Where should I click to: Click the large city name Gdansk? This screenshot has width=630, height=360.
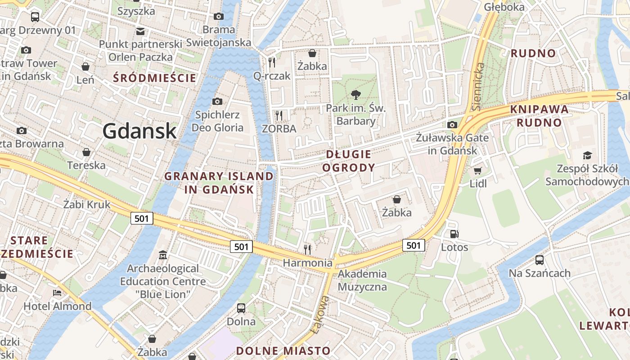click(139, 130)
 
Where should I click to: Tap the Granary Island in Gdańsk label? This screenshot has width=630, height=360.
click(219, 182)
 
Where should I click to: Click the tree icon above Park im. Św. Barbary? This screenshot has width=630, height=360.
click(356, 95)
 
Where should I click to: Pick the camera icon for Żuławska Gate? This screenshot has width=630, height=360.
click(452, 125)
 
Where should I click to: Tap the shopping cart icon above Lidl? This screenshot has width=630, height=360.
click(477, 171)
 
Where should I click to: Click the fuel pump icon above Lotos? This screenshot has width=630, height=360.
click(454, 234)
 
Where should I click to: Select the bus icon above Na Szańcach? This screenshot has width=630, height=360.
click(539, 260)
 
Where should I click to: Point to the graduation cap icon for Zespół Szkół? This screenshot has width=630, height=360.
click(587, 156)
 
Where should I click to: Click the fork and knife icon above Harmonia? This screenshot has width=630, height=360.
click(308, 249)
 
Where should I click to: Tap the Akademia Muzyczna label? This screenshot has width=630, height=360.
click(362, 280)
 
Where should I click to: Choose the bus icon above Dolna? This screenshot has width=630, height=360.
click(241, 308)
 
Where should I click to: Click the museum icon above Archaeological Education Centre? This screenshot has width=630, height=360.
click(162, 256)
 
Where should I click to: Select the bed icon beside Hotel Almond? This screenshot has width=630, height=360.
click(57, 293)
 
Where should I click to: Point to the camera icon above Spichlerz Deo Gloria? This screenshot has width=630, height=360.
click(217, 101)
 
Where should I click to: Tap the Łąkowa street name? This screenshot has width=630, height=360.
click(319, 315)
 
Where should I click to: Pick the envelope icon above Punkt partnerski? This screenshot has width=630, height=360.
click(140, 31)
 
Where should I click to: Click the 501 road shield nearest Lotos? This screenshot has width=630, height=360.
click(414, 245)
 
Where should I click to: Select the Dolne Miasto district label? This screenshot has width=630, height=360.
click(283, 351)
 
